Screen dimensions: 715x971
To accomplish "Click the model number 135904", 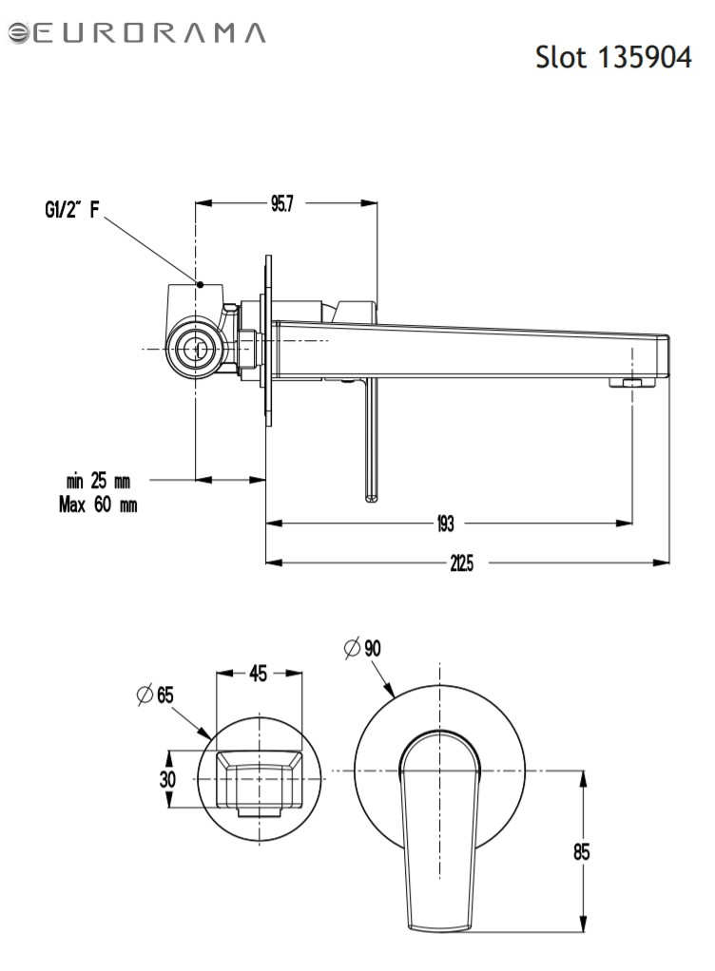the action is point(645,58).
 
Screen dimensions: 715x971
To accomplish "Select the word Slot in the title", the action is point(561,58).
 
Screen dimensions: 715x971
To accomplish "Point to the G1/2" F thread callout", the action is point(72,209).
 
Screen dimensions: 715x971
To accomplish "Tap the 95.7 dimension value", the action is point(281,203).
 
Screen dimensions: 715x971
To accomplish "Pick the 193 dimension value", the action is point(446,524).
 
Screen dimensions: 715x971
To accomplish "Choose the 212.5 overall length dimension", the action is point(461,563).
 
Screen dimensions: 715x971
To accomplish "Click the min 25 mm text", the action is point(98,481).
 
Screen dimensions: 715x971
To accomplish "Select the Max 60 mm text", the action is point(98,505).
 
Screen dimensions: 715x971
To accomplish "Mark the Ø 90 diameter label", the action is point(362,648).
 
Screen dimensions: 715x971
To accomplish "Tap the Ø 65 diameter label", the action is point(155,695).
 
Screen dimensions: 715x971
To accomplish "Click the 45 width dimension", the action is point(259,673).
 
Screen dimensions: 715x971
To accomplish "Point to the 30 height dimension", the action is point(167,779).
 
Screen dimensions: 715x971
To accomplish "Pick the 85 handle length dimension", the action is point(581,852).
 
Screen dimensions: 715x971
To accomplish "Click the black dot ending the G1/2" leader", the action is point(200,284).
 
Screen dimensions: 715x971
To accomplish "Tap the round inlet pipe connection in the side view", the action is point(196,350).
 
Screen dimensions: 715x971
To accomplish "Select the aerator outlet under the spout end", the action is point(631,383).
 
